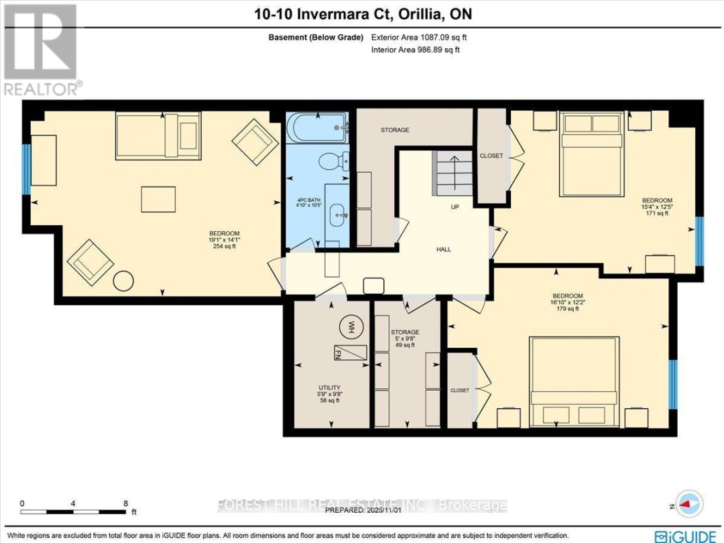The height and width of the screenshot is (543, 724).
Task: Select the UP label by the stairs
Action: point(455,207)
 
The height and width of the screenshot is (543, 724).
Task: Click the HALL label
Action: point(443,249)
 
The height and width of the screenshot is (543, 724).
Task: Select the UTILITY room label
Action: point(330,387)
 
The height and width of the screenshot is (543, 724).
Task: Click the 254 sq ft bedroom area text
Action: point(224,247)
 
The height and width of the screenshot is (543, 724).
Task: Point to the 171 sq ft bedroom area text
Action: point(656,213)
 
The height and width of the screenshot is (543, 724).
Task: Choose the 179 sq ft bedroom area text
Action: point(567,309)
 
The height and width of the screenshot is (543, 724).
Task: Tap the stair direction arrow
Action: point(453,172)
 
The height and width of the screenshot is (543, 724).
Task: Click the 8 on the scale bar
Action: point(125,503)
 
